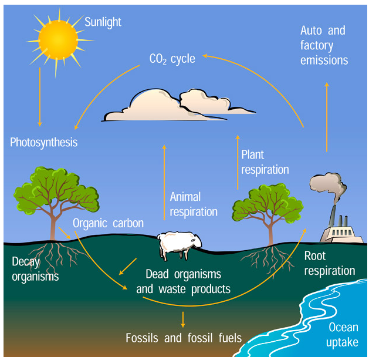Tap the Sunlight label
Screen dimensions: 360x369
point(103,22)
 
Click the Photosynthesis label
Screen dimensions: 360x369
point(44,142)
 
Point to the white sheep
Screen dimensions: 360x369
point(180,244)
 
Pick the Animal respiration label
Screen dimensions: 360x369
point(194,204)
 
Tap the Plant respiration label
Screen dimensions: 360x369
point(265,162)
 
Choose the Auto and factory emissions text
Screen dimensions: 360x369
point(323,45)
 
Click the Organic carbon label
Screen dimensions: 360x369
point(108,223)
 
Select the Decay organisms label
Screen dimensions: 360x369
point(35,269)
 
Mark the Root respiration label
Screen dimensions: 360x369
point(330,264)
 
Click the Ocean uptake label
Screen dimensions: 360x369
point(343,335)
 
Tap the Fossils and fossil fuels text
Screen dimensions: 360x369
point(183,338)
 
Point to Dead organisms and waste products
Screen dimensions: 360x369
point(183,281)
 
